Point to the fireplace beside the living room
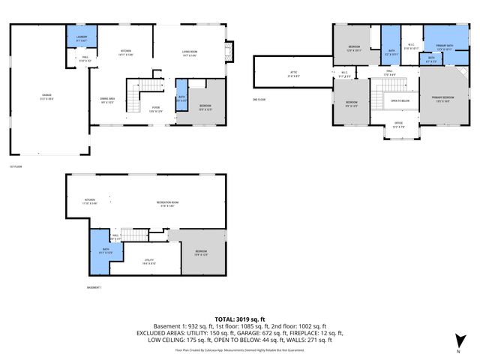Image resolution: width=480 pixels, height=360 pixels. click(x=230, y=52)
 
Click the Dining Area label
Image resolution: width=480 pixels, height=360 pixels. click(x=107, y=100)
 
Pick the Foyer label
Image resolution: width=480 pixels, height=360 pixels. click(x=155, y=109)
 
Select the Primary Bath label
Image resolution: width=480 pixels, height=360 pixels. click(x=445, y=46)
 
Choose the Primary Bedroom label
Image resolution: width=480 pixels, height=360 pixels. click(x=440, y=99)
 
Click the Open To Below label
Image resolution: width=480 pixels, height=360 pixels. click(x=400, y=100)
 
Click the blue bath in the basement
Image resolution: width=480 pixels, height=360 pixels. click(x=104, y=250)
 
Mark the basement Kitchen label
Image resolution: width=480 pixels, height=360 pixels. click(x=89, y=201)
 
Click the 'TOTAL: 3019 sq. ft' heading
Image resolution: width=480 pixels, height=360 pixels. click(x=240, y=319)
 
